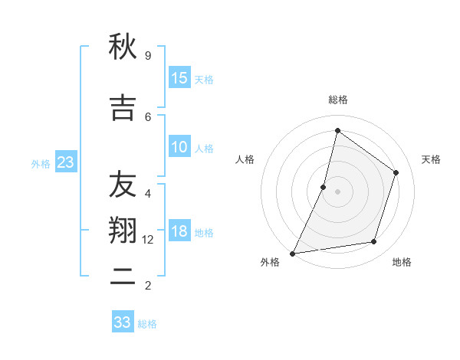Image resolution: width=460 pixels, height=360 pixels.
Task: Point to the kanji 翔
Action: [122, 231]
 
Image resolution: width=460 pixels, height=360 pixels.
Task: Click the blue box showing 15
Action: [179, 78]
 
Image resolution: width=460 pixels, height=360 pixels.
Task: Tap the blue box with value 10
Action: [179, 147]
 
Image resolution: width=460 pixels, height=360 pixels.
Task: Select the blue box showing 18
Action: [179, 232]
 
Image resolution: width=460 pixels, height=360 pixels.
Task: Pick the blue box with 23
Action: [65, 162]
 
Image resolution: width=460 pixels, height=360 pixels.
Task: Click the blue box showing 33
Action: [123, 322]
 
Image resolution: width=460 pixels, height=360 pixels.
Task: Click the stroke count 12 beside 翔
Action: [148, 239]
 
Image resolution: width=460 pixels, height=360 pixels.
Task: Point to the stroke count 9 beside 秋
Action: [148, 55]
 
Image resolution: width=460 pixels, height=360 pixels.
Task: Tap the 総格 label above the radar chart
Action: [337, 100]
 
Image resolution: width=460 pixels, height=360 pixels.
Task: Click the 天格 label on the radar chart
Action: [431, 159]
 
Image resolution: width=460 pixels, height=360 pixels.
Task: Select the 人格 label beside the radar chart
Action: [245, 159]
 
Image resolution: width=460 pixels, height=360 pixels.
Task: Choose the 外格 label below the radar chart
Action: [270, 262]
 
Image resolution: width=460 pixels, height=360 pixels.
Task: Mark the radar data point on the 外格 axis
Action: [293, 253]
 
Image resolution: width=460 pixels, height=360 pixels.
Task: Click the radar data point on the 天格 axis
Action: [396, 172]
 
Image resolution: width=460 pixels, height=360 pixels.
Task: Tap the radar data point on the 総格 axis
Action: [337, 130]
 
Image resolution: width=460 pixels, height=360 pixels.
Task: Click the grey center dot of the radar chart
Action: [337, 191]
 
